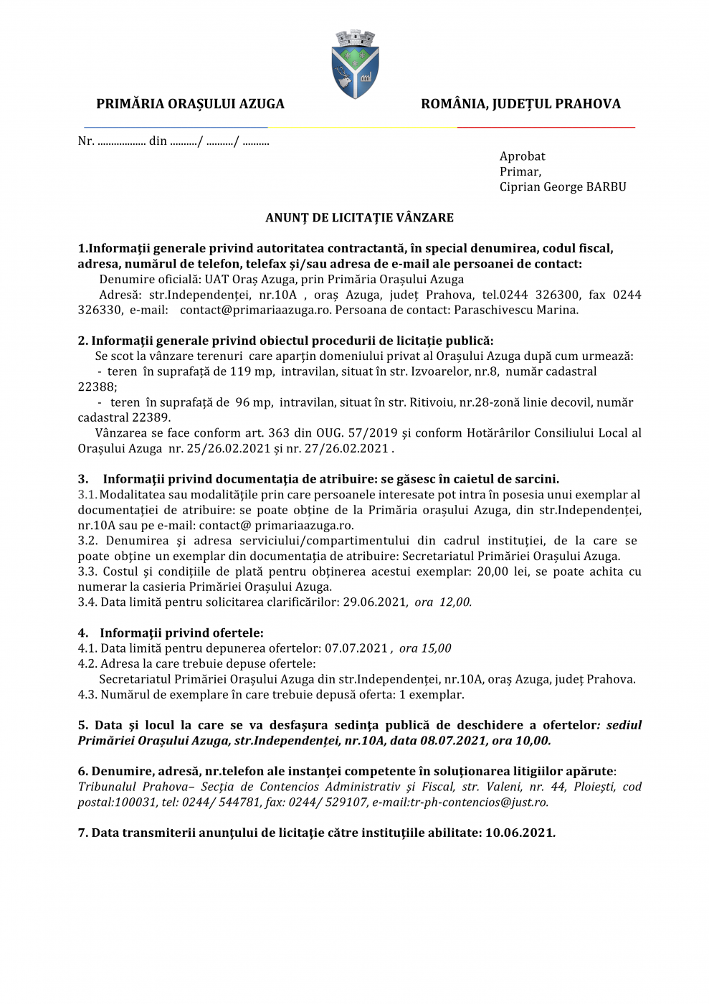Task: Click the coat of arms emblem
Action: (355, 65)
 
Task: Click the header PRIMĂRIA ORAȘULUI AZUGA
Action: (190, 104)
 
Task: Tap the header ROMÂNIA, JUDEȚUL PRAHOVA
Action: (520, 104)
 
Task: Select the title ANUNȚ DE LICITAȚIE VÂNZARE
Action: (359, 217)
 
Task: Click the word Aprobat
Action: (522, 156)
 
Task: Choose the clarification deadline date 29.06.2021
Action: (374, 602)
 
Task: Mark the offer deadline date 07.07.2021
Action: (356, 648)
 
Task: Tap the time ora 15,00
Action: (425, 648)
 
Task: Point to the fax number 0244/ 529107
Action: (328, 802)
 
